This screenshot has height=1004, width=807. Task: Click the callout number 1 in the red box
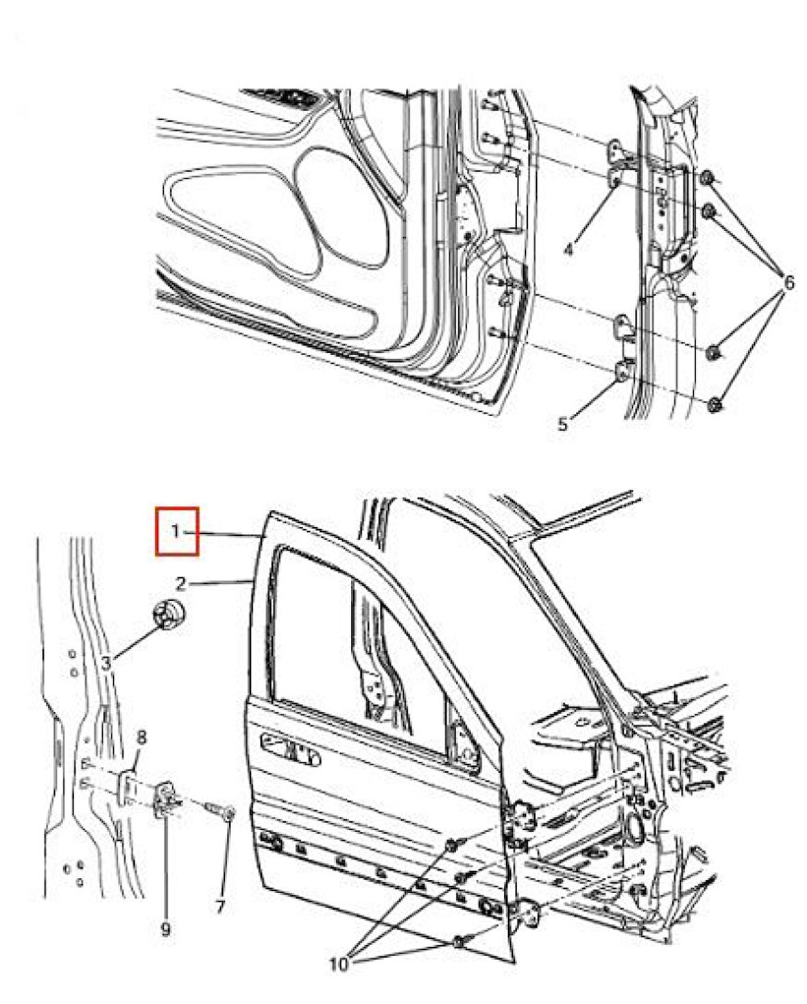(176, 530)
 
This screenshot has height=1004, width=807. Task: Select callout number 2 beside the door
(181, 583)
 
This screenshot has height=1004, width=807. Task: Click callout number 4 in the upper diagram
(568, 250)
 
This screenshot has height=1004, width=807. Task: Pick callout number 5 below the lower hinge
(562, 424)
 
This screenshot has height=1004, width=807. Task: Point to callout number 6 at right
(788, 282)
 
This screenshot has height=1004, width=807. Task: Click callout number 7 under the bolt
(220, 908)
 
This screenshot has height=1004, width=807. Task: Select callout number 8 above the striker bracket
(142, 737)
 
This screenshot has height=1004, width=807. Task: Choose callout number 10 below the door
(339, 965)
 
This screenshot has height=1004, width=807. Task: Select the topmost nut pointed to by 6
(708, 180)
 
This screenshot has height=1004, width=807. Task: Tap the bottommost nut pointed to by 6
(715, 404)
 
